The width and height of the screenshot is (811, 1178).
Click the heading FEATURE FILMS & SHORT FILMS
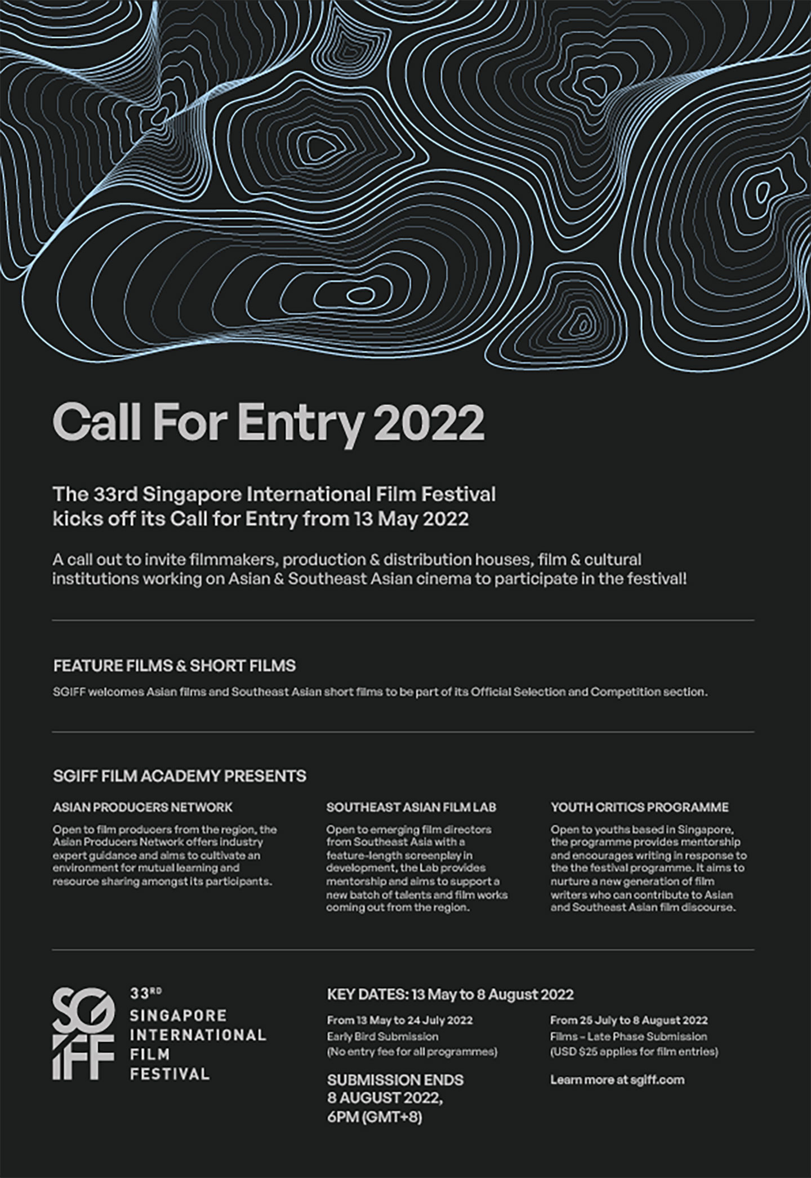(175, 666)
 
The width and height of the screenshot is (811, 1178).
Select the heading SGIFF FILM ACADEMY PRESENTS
(180, 776)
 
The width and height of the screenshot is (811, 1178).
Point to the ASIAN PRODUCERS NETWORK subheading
(142, 807)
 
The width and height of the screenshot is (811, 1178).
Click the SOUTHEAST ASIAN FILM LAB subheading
(411, 807)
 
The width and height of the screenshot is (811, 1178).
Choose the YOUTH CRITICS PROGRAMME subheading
(640, 807)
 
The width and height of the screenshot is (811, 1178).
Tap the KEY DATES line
(450, 994)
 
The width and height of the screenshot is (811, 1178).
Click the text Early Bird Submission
(382, 1036)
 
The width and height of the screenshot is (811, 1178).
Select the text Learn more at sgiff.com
(617, 1080)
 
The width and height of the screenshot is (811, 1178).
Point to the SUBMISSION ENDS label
(395, 1080)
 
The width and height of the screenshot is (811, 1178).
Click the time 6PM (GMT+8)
(375, 1116)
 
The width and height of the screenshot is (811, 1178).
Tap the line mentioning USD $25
(634, 1052)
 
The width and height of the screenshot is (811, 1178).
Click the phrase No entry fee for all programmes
(412, 1052)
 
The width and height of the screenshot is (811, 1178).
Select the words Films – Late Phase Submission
(629, 1036)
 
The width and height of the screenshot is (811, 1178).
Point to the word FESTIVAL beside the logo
(170, 1073)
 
